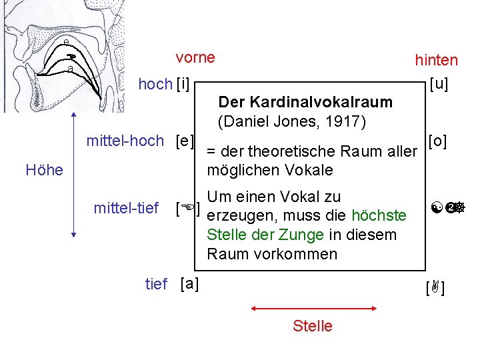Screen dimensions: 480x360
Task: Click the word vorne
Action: [x=195, y=57]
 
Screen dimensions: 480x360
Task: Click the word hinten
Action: [x=436, y=60]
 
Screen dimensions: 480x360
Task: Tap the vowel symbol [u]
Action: [x=439, y=84]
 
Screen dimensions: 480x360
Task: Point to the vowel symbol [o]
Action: [x=437, y=141]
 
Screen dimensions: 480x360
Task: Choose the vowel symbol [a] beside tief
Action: [x=189, y=283]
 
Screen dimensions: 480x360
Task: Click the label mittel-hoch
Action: [x=125, y=141]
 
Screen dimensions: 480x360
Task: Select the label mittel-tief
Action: [x=126, y=208]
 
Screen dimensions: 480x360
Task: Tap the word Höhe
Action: [x=44, y=169]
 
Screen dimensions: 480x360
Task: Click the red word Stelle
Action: [x=312, y=326]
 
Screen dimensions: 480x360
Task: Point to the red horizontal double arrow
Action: [x=313, y=309]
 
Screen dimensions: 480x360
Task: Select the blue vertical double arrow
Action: [x=73, y=179]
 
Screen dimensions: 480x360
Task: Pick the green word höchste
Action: [x=379, y=216]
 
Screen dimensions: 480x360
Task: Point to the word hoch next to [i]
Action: [x=155, y=84]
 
